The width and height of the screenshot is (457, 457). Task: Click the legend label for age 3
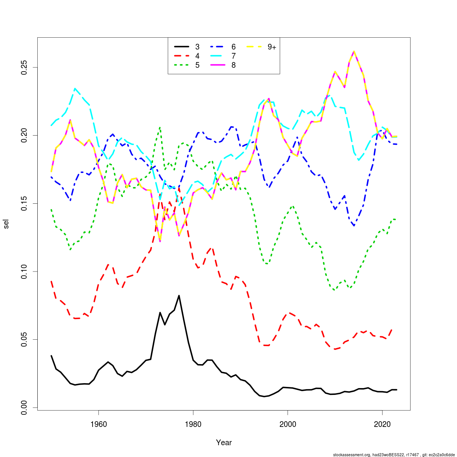pos(197,47)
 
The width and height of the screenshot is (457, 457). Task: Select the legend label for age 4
pos(197,56)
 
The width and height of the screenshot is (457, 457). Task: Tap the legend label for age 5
pos(197,65)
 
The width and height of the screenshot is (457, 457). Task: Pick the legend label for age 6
pos(233,47)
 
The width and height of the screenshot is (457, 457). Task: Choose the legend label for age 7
pos(233,56)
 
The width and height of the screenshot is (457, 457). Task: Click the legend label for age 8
pos(233,65)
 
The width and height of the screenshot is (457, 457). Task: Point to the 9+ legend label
pos(272,47)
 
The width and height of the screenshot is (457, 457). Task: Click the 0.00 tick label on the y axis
pos(25,407)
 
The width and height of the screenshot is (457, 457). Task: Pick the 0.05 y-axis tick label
pos(25,339)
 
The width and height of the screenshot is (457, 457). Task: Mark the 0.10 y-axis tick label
pos(25,272)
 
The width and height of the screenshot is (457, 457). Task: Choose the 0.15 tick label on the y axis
pos(25,203)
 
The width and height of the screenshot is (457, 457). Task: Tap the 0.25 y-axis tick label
pos(25,67)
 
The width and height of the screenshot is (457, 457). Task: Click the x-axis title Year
pos(224,443)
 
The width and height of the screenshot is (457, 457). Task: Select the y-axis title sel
pos(6,224)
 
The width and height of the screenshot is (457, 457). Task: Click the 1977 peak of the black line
pos(179,296)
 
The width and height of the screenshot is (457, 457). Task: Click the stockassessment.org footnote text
pos(394,455)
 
